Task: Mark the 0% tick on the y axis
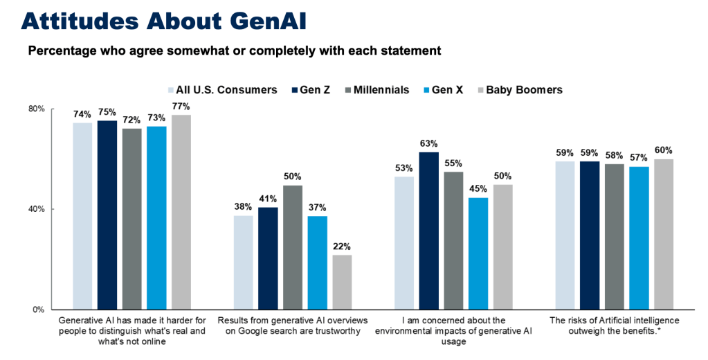pyautogui.click(x=39, y=309)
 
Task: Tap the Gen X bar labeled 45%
pyautogui.click(x=478, y=253)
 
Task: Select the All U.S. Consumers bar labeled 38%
pyautogui.click(x=243, y=262)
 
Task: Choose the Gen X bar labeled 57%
pyautogui.click(x=639, y=238)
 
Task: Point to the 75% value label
pyautogui.click(x=107, y=113)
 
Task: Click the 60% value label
pyautogui.click(x=664, y=150)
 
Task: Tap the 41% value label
pyautogui.click(x=268, y=199)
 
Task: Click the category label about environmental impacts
pyautogui.click(x=455, y=331)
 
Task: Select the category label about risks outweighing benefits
pyautogui.click(x=615, y=325)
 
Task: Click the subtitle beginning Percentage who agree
pyautogui.click(x=234, y=51)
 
